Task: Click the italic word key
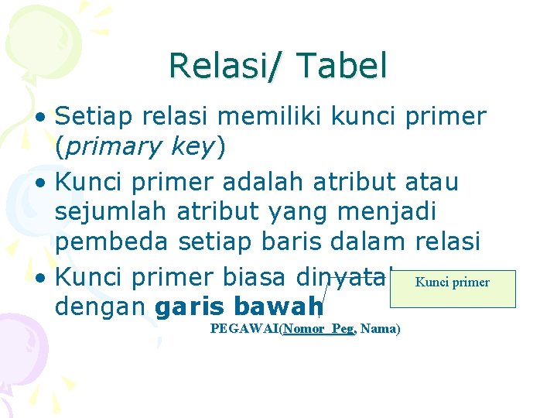pos(193,147)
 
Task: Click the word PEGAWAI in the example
pos(244,329)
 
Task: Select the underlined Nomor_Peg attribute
pos(318,329)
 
